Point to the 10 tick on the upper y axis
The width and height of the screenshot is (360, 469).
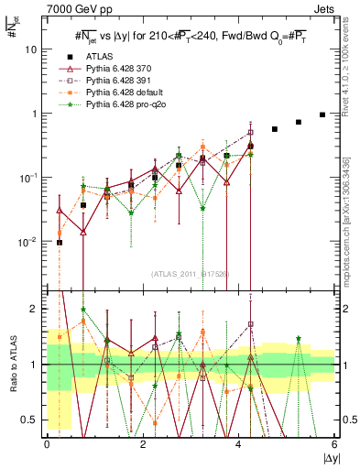point(30,49)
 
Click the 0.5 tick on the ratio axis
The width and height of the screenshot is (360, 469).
point(31,420)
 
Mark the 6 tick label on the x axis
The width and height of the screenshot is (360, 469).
point(334,443)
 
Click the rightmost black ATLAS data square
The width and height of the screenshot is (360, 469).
point(322,115)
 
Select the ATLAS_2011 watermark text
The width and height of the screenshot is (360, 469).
point(190,273)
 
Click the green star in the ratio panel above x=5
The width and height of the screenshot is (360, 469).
point(299,339)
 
